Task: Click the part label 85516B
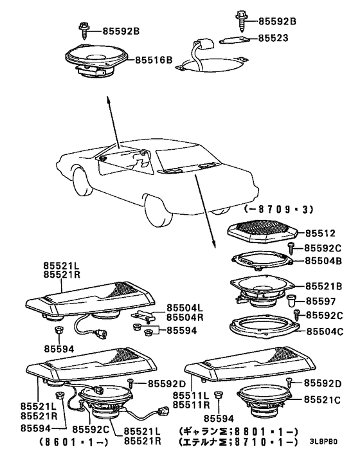(x=154, y=60)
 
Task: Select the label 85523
(x=273, y=38)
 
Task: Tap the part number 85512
(x=320, y=233)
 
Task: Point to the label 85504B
(x=323, y=261)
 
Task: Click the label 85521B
(x=324, y=286)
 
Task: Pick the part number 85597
(x=321, y=301)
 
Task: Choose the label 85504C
(x=325, y=331)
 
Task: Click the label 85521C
(x=322, y=400)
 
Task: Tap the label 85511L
(x=191, y=395)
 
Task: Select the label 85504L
(x=184, y=308)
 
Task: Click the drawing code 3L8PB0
(x=323, y=442)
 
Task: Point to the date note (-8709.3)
(x=278, y=210)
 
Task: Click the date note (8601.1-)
(x=73, y=442)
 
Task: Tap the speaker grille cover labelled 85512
(x=262, y=233)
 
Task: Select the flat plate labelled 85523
(x=235, y=41)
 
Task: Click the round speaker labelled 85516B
(x=96, y=60)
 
